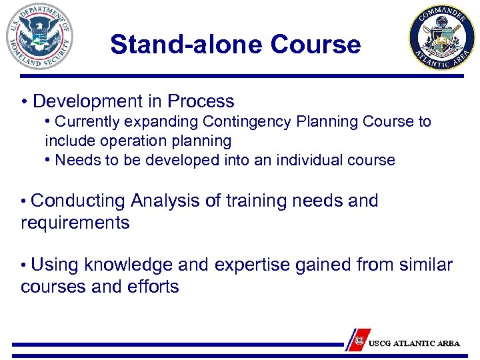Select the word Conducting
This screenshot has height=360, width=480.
coord(78,201)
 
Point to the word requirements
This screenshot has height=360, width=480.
coord(75,223)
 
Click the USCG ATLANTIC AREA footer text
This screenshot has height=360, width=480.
coord(414,343)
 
